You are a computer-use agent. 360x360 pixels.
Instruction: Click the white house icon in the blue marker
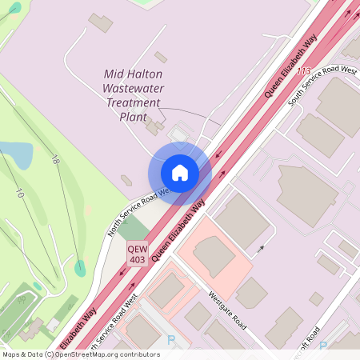click(179, 172)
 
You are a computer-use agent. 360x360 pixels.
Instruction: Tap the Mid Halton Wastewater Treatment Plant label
click(133, 94)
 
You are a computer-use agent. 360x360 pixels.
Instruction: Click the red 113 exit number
click(303, 71)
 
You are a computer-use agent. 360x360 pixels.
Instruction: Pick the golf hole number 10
click(18, 192)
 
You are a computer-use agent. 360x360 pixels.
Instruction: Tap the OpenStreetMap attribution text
click(82, 354)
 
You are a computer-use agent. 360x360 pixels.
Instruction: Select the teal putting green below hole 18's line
click(80, 268)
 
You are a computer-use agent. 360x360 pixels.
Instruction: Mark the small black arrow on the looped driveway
click(259, 250)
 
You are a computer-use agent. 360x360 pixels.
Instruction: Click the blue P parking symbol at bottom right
click(323, 346)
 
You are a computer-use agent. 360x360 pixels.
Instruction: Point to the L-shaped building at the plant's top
click(101, 22)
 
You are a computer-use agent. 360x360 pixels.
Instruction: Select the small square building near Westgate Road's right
click(316, 298)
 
